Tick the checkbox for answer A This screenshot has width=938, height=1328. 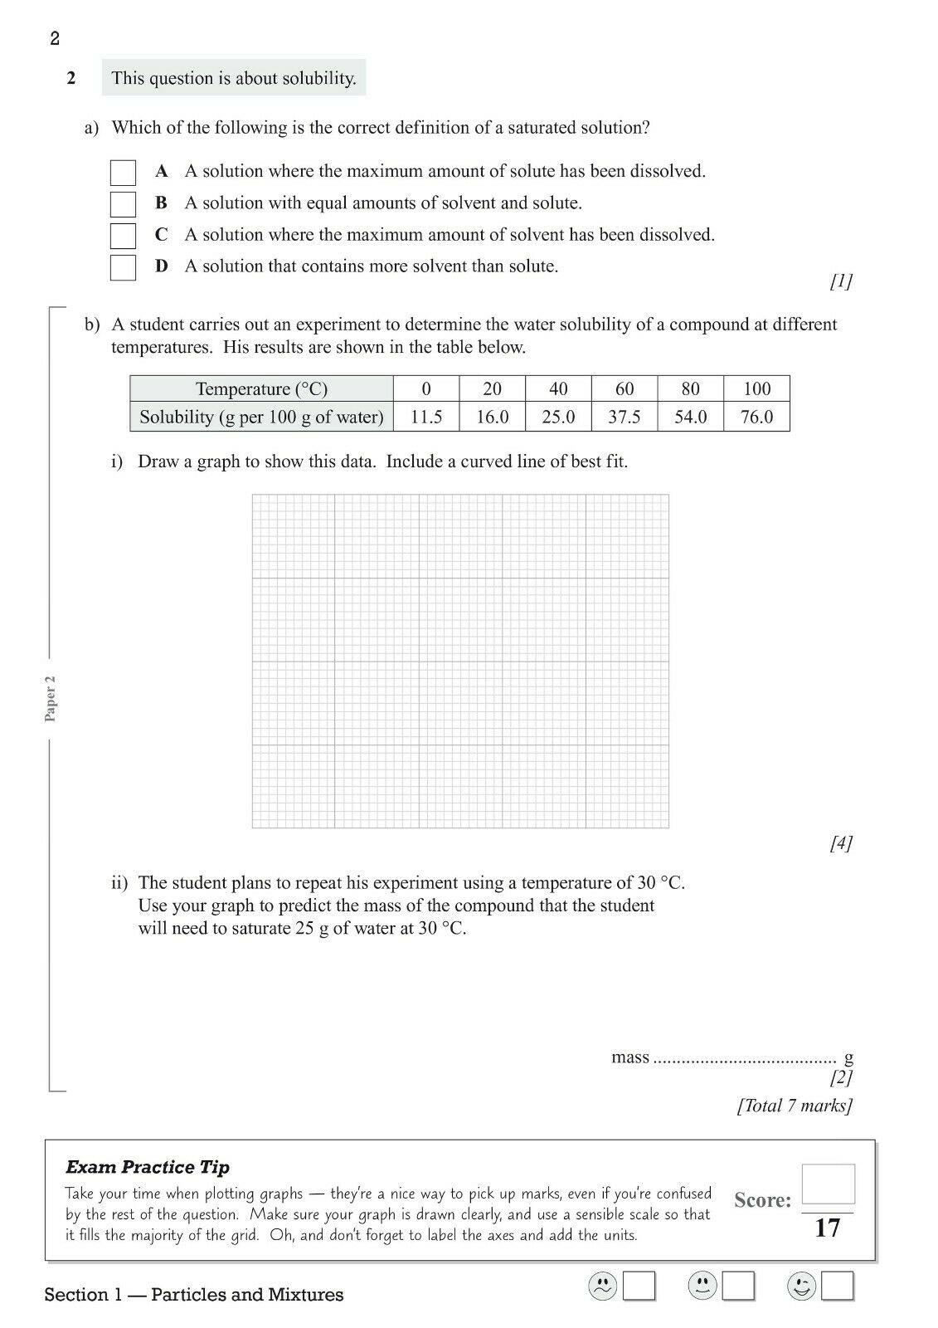(123, 173)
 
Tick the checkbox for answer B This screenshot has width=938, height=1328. (123, 204)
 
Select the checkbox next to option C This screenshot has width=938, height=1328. (123, 236)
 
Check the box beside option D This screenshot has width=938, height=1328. (123, 267)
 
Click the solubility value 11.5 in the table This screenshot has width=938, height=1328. (426, 417)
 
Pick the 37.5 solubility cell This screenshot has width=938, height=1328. (625, 417)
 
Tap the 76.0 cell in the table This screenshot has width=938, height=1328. (756, 417)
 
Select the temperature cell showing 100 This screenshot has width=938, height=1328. (756, 388)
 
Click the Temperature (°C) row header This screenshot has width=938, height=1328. (261, 388)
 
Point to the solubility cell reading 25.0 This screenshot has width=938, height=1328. (558, 417)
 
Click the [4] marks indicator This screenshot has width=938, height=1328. (840, 843)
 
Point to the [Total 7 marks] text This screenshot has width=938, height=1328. (795, 1106)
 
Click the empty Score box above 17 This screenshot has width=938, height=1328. (828, 1184)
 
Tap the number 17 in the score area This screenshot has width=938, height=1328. (828, 1228)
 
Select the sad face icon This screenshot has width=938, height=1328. (602, 1286)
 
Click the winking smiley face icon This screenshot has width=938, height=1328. (801, 1286)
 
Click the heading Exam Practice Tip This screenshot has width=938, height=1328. (148, 1167)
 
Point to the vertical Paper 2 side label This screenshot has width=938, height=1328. (51, 698)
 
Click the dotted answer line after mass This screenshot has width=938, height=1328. (745, 1060)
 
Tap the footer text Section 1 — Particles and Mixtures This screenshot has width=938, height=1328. (194, 1295)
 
